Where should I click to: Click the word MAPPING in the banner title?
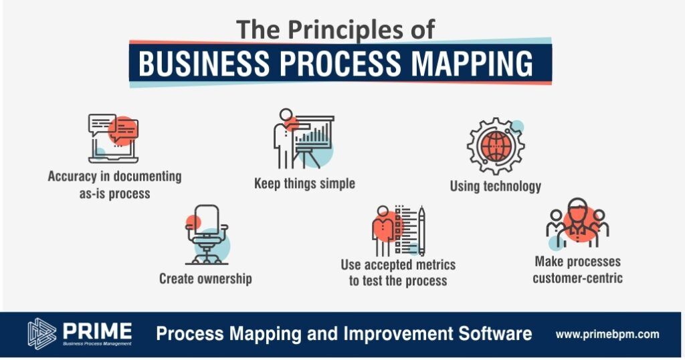[x=472, y=63]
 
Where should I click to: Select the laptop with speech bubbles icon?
[x=113, y=139]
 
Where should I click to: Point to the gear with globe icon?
[x=496, y=145]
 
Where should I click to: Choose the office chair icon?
[x=207, y=235]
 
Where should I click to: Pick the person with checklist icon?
[x=398, y=231]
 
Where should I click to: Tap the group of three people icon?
[x=577, y=222]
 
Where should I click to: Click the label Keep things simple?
[x=304, y=183]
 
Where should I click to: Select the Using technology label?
[x=496, y=186]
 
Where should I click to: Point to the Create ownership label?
[x=205, y=279]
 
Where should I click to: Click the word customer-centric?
[x=577, y=278]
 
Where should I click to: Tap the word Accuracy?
[x=72, y=177]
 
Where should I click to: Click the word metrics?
[x=429, y=265]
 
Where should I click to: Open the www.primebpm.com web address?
[x=607, y=335]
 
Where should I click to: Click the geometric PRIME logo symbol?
[x=42, y=333]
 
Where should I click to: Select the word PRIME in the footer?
[x=97, y=331]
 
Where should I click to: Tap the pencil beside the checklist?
[x=421, y=230]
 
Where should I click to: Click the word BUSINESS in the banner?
[x=204, y=63]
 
